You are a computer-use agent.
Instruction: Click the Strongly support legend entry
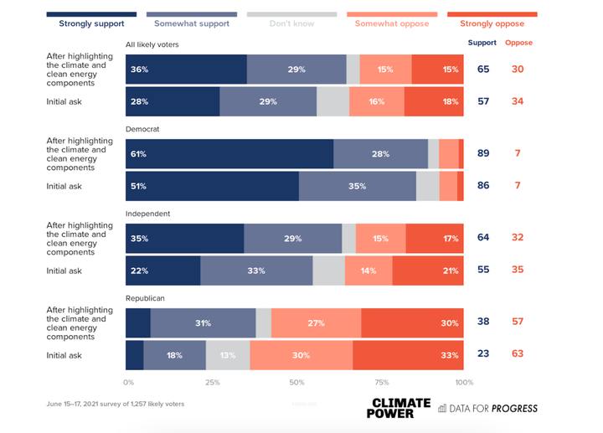91,23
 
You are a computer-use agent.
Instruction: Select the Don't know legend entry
291,23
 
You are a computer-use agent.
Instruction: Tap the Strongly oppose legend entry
492,23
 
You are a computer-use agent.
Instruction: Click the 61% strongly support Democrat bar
229,154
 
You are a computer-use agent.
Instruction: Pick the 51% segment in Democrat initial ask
212,186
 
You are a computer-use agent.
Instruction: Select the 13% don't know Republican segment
228,355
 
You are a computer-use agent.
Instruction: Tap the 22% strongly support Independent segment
163,271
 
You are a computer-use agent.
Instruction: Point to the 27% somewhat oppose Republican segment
316,323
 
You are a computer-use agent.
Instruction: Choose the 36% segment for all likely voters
186,70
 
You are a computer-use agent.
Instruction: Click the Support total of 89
483,154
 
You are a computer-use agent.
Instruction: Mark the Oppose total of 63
518,355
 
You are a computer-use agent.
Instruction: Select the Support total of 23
483,355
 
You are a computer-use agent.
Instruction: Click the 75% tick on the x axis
380,383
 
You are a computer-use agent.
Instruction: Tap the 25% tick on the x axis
213,383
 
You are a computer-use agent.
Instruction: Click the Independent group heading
147,214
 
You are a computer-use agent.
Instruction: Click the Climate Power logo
400,408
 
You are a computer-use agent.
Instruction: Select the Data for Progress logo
488,409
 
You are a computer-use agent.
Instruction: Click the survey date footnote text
115,404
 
